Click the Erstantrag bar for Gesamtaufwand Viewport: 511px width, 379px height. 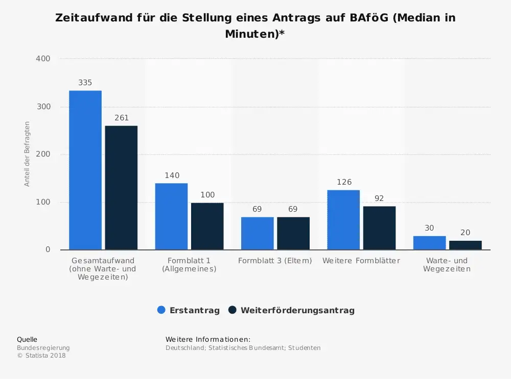[85, 170]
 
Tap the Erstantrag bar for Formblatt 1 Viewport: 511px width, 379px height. [171, 217]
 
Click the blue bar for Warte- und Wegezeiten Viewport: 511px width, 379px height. [429, 243]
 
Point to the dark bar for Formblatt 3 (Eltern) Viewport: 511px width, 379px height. [293, 234]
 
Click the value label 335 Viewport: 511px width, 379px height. [85, 83]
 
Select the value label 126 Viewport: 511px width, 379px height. [344, 182]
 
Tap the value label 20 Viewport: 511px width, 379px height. [465, 233]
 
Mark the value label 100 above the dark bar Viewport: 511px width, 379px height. [207, 195]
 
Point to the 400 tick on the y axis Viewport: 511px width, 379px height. [43, 59]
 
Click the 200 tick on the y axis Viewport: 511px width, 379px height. [43, 155]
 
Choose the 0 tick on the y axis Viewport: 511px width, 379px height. [48, 250]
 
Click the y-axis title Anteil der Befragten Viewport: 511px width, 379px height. [28, 154]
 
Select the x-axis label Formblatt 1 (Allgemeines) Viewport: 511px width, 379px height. [189, 265]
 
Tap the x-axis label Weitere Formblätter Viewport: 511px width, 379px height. [361, 261]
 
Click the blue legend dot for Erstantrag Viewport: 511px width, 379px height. [161, 310]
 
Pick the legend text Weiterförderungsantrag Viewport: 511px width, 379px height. [297, 310]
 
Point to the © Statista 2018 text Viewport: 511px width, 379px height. [41, 356]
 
